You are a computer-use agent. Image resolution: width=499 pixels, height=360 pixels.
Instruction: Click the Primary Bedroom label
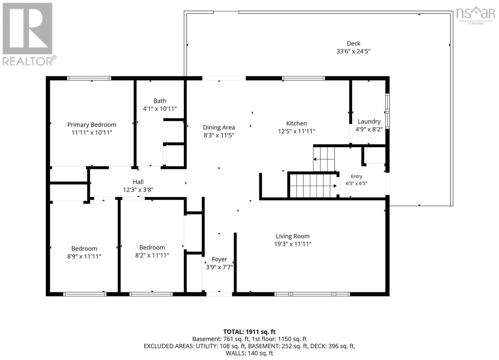(x=92, y=125)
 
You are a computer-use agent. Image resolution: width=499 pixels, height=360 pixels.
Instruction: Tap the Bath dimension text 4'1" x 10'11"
(x=160, y=109)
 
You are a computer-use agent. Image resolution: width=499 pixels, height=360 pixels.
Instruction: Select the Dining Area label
(x=219, y=127)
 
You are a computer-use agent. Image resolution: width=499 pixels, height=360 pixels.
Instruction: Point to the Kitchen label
(x=296, y=123)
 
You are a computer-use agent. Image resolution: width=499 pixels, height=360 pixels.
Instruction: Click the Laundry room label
(x=369, y=122)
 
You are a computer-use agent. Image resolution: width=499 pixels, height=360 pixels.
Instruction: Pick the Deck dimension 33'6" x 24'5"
(x=353, y=51)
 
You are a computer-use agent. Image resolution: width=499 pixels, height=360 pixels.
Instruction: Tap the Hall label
(x=138, y=182)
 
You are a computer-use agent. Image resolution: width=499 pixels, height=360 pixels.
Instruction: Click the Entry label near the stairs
(x=356, y=176)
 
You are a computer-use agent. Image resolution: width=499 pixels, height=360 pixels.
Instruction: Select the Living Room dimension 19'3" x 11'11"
(x=293, y=244)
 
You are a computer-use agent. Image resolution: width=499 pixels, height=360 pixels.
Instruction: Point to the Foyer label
(x=219, y=259)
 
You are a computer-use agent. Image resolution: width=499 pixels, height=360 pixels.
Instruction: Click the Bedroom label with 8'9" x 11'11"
(x=84, y=248)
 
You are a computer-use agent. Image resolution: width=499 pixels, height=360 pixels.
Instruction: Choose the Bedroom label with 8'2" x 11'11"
(x=152, y=247)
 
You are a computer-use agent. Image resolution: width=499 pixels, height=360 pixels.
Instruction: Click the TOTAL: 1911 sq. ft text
(x=249, y=332)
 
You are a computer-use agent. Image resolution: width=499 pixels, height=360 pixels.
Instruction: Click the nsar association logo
(x=476, y=15)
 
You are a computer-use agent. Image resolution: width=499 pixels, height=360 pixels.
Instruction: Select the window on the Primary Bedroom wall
(x=89, y=78)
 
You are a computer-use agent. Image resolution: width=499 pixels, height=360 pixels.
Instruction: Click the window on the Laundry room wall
(x=387, y=111)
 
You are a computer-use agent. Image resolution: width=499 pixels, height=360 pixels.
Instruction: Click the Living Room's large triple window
(x=312, y=294)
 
